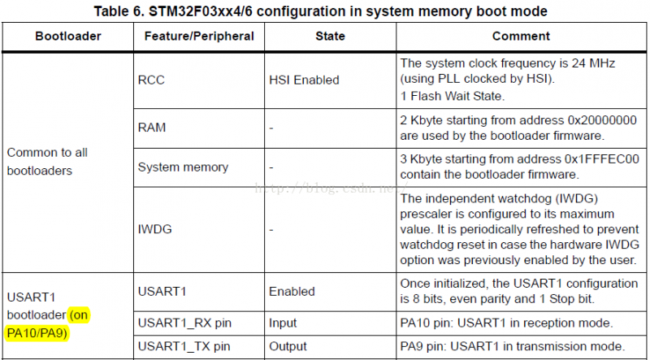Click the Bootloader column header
[x=67, y=37]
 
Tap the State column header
[x=331, y=37]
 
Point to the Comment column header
[x=521, y=37]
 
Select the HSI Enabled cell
[x=304, y=80]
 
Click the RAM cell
[x=151, y=128]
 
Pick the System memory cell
[x=183, y=167]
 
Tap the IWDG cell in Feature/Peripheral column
[x=154, y=230]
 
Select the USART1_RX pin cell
[x=184, y=323]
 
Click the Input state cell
[x=284, y=323]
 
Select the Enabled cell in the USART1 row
[x=292, y=291]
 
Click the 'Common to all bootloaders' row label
[x=47, y=161]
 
